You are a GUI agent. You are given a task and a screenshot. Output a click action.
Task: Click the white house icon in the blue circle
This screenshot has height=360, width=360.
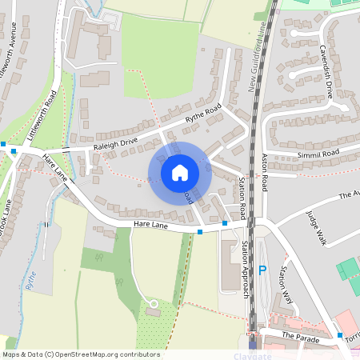pos(180,172)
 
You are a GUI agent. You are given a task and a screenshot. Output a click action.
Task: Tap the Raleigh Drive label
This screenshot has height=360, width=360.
pos(115,141)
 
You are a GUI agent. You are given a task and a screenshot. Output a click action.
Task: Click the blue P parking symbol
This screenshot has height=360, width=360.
pos(262,271)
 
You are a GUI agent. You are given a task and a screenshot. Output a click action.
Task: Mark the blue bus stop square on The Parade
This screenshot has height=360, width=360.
pos(340,334)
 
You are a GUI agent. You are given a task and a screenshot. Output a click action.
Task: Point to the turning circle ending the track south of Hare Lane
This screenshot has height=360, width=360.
pos(153,303)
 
